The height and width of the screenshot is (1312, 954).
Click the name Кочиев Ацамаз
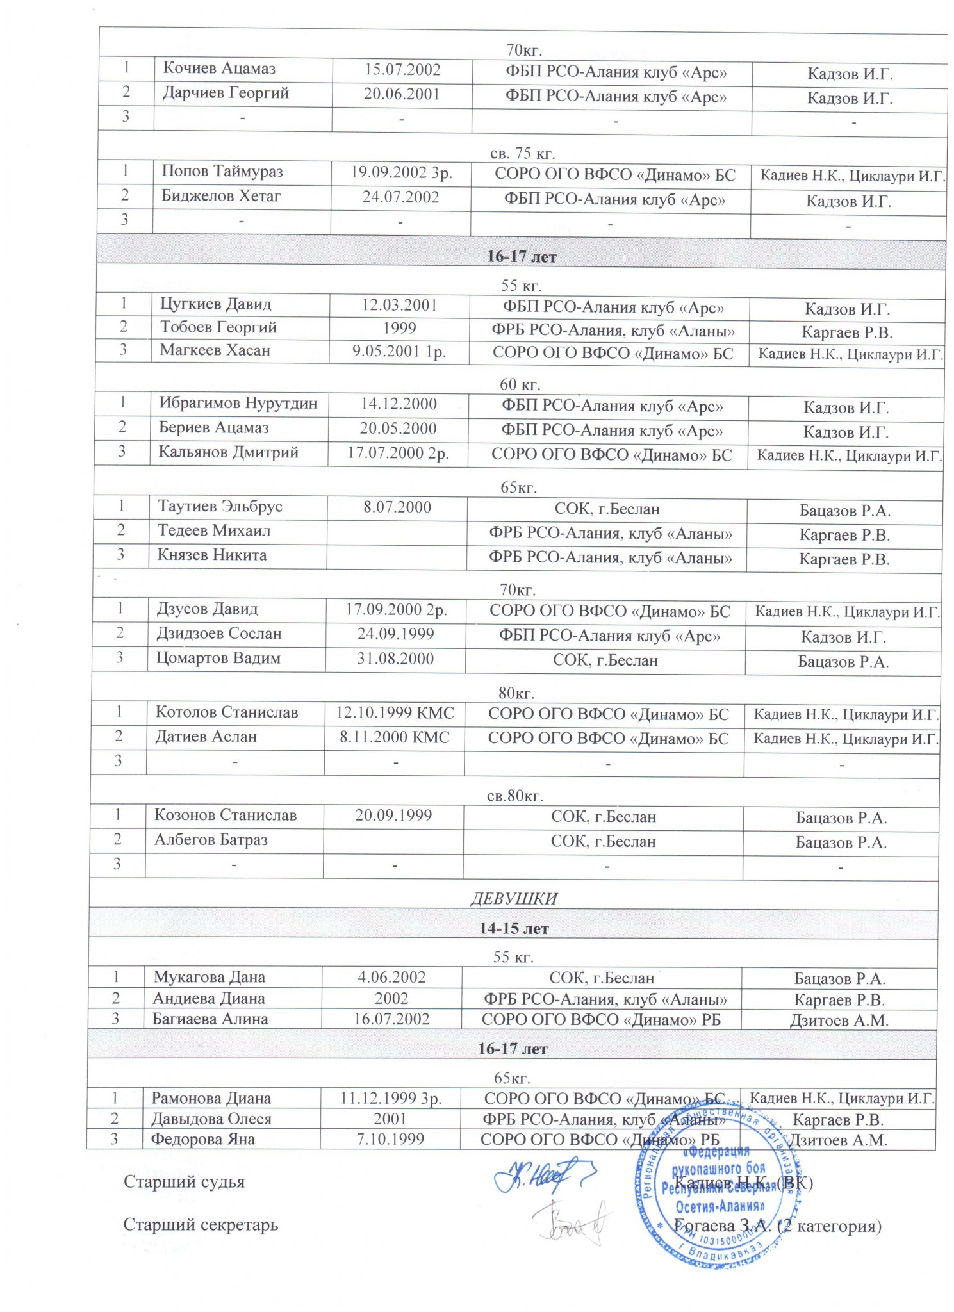(218, 69)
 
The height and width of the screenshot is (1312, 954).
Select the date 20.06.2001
(402, 94)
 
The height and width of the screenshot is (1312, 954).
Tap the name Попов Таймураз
(222, 172)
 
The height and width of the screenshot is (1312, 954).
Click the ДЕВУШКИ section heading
(514, 898)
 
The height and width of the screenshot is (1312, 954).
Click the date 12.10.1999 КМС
(395, 712)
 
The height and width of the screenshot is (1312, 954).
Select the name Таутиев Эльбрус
(220, 506)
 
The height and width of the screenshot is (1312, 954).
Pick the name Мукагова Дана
(209, 977)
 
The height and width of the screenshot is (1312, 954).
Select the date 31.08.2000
(395, 659)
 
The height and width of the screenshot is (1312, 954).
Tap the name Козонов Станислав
(225, 815)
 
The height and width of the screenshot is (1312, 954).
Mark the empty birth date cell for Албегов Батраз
(393, 840)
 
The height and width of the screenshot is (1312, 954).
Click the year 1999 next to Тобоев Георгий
(400, 328)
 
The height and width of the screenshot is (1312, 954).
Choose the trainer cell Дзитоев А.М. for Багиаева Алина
(839, 1021)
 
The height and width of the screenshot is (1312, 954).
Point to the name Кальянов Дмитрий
(228, 452)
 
